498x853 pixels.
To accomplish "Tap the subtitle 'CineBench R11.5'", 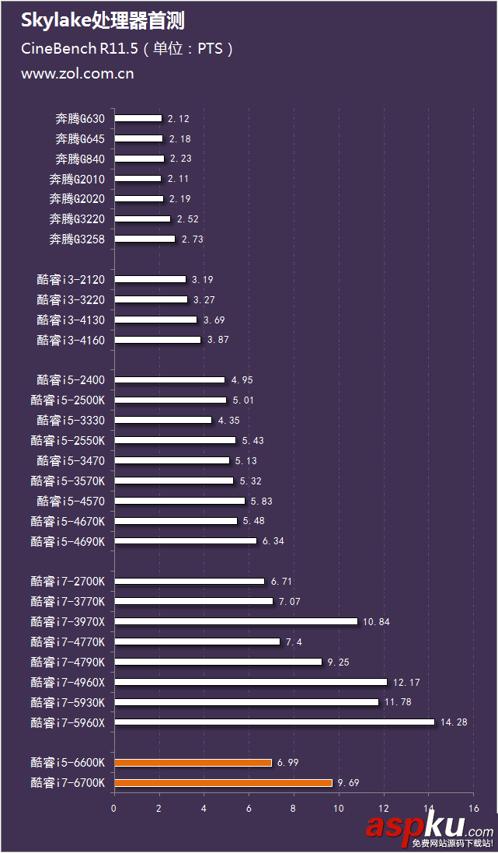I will (79, 49).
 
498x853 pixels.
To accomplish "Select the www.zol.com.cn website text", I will (77, 74).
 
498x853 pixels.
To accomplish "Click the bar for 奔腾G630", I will (138, 118).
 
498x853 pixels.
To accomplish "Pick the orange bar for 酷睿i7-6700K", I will (223, 783).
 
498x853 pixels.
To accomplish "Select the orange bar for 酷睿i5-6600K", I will (193, 763).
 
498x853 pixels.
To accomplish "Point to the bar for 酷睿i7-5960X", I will (274, 722).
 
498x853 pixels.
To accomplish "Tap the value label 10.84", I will (376, 621).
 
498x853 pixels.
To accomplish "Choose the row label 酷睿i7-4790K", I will (73, 662).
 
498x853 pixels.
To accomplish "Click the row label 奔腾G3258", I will (82, 239).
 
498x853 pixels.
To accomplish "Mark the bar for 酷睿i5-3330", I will (163, 420).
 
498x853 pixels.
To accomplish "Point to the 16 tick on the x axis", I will (472, 809).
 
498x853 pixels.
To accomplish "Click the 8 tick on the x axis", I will (294, 809).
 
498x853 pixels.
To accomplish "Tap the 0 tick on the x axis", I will (114, 809).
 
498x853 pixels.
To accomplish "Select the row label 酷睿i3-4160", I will (76, 340).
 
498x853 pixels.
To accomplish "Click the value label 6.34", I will (273, 540).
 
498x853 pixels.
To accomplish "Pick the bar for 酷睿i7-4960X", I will (250, 682).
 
